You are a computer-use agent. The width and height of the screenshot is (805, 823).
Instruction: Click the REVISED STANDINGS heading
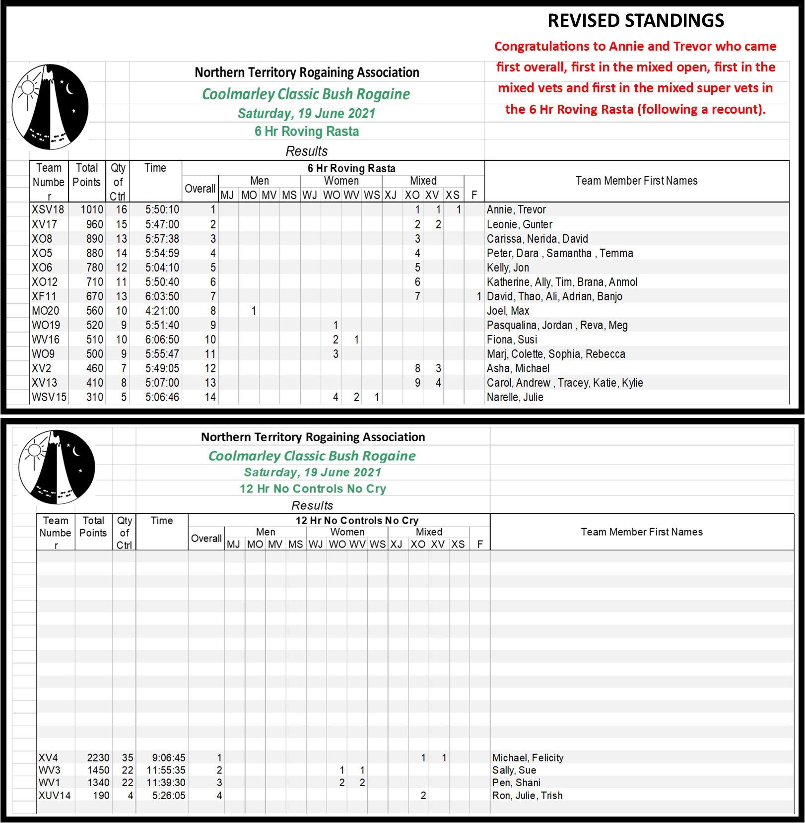point(635,21)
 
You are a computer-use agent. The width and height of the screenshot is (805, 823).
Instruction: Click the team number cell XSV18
point(48,209)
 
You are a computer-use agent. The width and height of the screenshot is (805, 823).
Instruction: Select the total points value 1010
point(92,209)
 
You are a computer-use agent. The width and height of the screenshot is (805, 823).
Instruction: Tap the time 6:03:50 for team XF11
point(162,296)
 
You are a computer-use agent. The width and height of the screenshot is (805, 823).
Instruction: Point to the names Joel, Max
point(508,311)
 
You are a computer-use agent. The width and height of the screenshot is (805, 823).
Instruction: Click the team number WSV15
point(49,397)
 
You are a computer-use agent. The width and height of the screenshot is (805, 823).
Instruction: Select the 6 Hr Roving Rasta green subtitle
point(307,132)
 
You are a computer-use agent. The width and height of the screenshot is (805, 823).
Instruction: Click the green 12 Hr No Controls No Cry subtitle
point(313,488)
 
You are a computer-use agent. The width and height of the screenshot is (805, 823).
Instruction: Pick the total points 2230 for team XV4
point(98,757)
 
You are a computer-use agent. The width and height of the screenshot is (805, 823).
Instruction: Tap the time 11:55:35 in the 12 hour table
point(166,770)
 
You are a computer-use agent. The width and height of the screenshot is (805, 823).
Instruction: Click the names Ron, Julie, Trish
point(527,795)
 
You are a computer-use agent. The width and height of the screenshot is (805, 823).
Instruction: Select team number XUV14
point(55,795)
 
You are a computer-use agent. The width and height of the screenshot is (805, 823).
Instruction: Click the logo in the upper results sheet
point(50,107)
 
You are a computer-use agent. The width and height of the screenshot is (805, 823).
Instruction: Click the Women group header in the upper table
point(341,181)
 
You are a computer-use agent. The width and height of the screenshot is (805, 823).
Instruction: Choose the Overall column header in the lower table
point(206,538)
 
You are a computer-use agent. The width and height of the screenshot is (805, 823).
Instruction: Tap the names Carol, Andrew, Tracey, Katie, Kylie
point(564,383)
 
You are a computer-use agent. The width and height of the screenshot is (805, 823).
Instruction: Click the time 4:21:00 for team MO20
point(162,311)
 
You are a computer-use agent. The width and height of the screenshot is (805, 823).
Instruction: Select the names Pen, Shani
point(516,782)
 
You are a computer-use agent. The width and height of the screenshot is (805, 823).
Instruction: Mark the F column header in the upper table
point(474,195)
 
